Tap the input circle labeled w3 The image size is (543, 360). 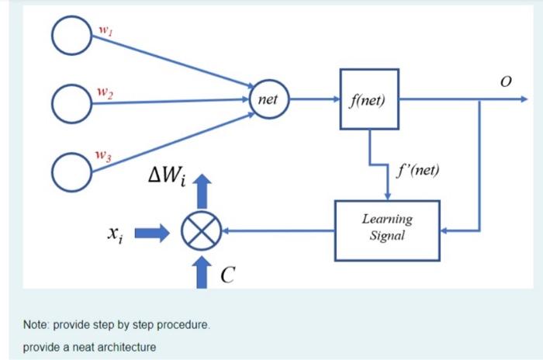tap(73, 168)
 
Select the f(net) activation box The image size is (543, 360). tap(369, 99)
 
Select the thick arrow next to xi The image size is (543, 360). tap(157, 231)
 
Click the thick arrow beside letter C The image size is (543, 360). tap(203, 272)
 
